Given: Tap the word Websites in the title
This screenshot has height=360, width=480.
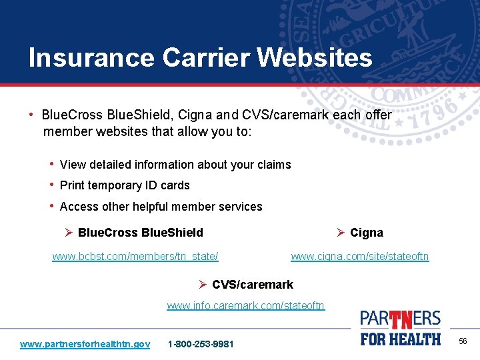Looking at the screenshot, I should point(315,58).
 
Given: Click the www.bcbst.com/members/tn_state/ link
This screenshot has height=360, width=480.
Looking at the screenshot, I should point(135,256).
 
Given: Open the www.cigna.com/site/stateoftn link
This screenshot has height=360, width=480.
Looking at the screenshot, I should point(360,256).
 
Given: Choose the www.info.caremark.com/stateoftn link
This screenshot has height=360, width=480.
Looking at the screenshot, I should point(245,305).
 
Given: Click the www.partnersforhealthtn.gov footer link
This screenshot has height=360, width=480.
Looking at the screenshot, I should point(85,344).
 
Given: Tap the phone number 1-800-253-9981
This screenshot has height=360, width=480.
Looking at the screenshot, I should point(201,344).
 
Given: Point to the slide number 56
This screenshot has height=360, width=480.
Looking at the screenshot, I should point(463,341).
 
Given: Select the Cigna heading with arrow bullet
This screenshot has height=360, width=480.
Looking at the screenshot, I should point(366,233).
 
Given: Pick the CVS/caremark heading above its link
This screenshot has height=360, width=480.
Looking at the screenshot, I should point(252,285).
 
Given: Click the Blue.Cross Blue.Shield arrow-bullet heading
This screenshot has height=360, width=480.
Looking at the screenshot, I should point(140,233).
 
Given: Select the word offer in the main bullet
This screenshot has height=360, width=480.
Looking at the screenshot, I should point(378,115).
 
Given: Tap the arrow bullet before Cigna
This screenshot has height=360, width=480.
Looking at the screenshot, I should point(340,233).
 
